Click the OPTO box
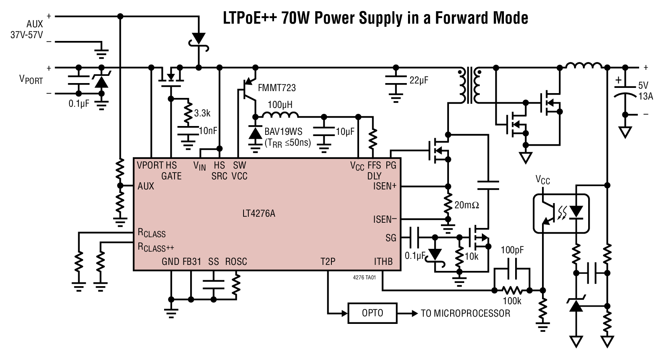click(372, 313)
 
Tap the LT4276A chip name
click(259, 214)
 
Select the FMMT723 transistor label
click(277, 87)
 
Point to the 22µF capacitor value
click(419, 80)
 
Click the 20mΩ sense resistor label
click(467, 205)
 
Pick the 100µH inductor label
click(280, 105)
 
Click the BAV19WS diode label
click(283, 132)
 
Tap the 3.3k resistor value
click(202, 113)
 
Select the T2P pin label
click(328, 262)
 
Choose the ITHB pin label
click(383, 262)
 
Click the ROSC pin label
click(236, 262)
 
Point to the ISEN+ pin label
click(385, 186)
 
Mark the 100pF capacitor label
click(512, 250)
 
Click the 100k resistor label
click(512, 301)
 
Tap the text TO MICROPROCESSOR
click(465, 313)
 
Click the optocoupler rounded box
click(561, 214)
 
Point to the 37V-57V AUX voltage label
click(26, 35)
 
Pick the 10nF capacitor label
click(208, 130)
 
